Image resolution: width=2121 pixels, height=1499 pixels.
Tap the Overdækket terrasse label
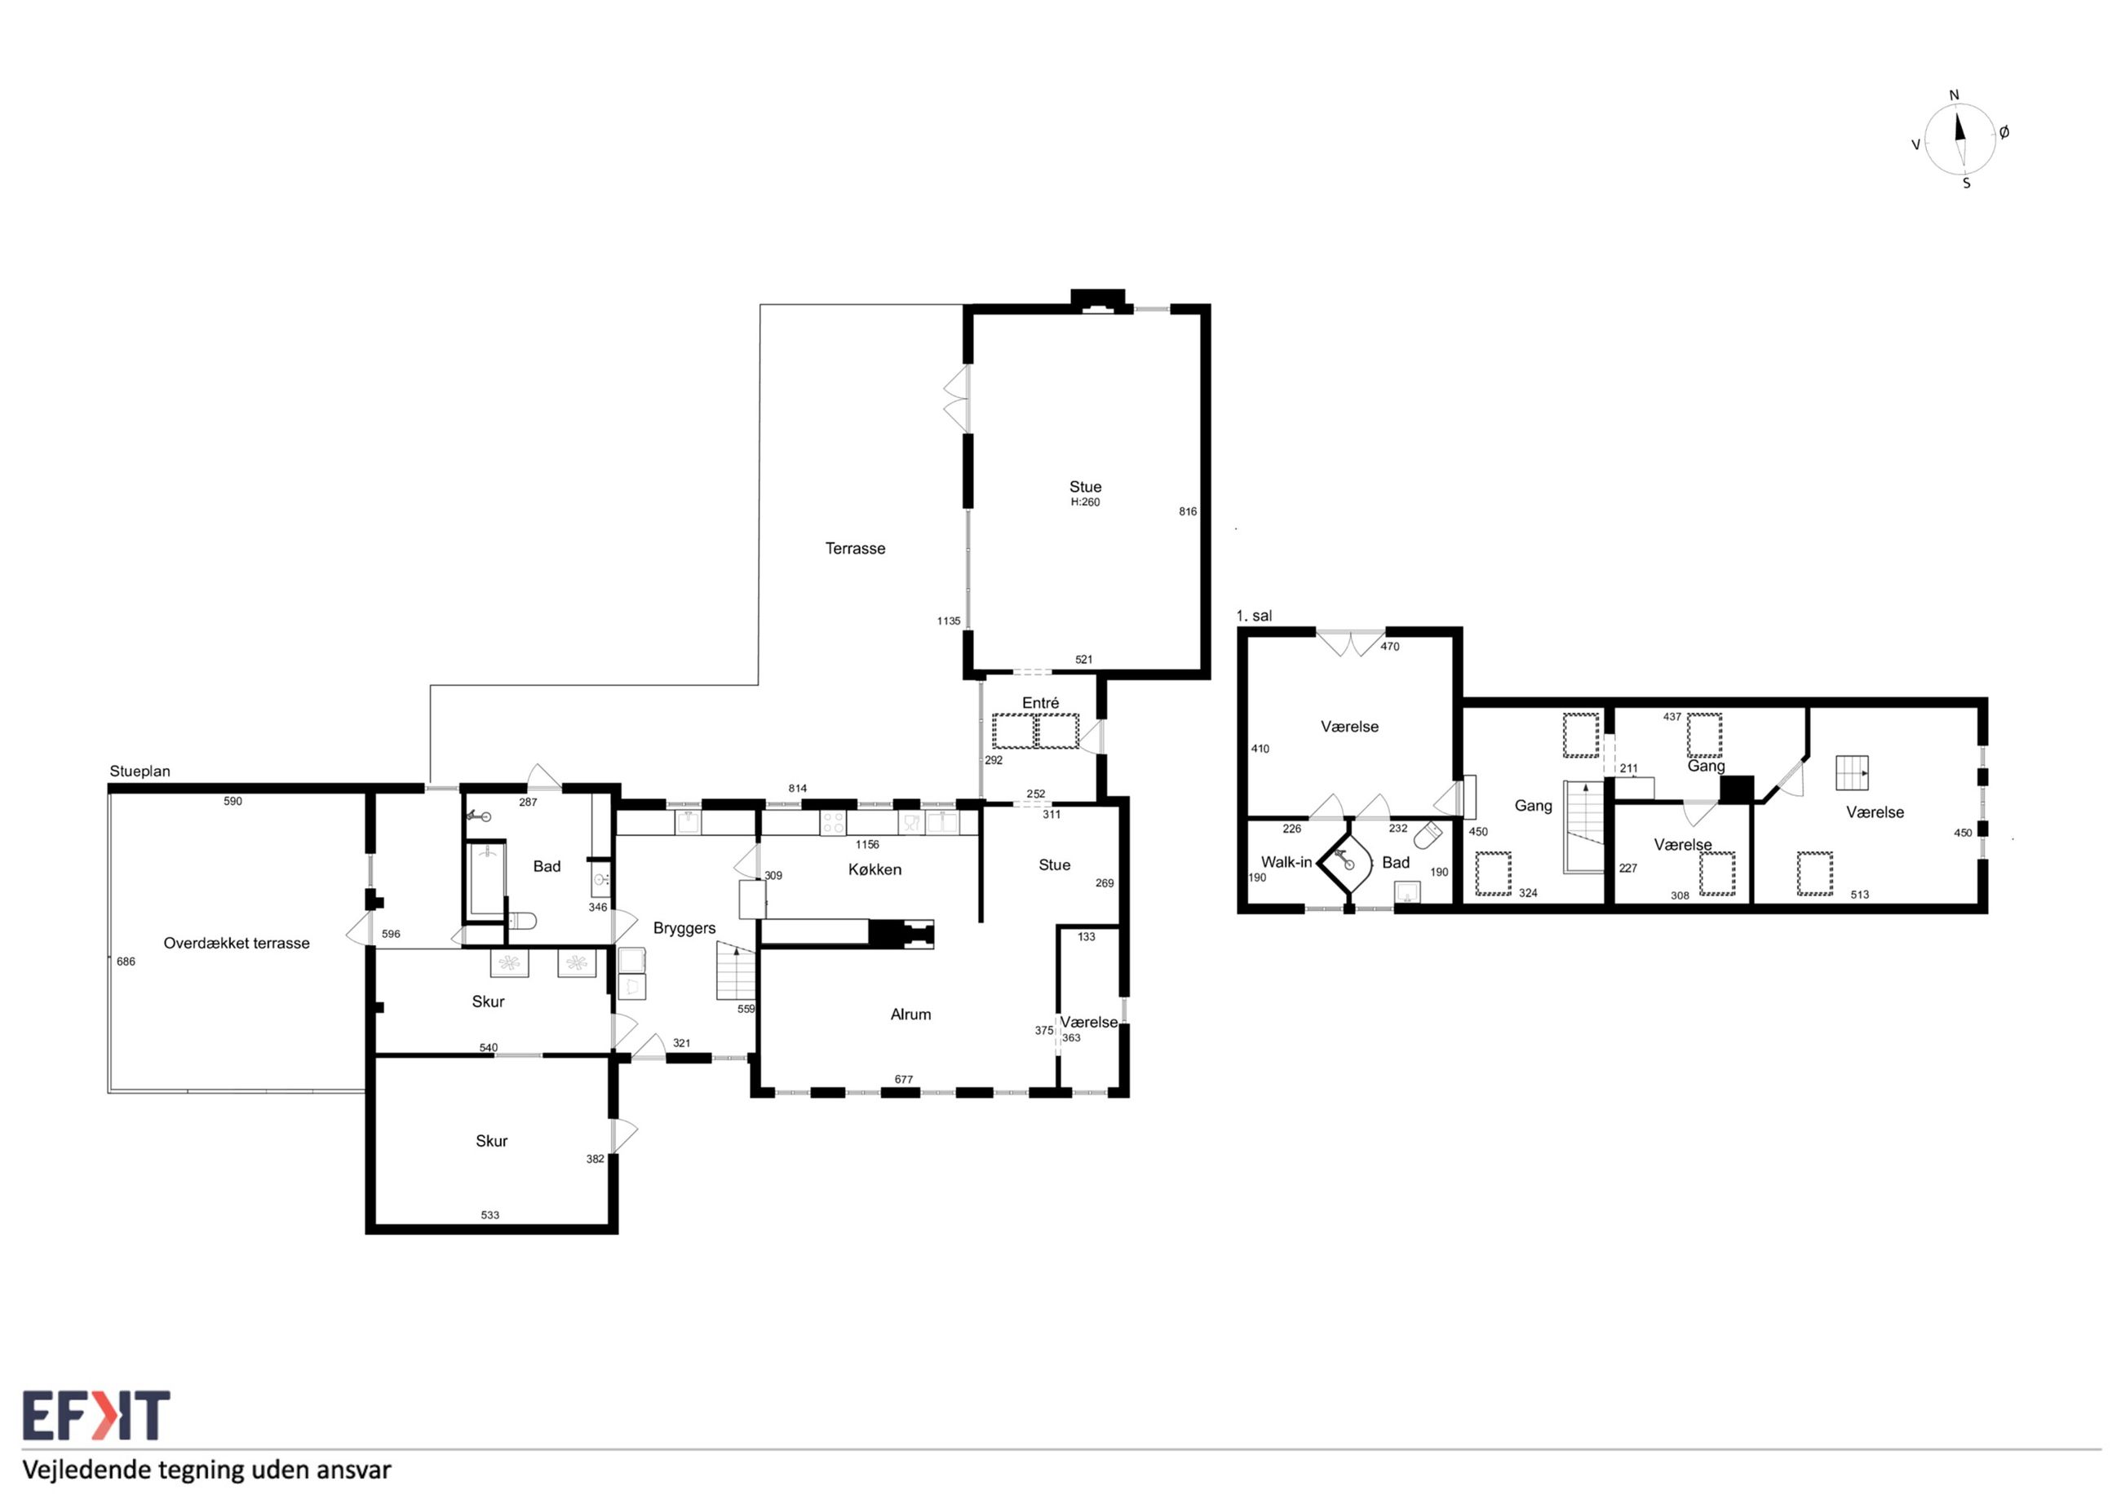click(237, 943)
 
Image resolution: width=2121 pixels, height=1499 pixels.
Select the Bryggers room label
click(684, 929)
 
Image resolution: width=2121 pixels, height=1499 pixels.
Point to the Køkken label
click(874, 869)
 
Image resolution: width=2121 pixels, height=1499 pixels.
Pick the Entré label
click(1040, 703)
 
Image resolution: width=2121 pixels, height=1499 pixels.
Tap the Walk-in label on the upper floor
click(1286, 862)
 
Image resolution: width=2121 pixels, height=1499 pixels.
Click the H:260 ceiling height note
click(1086, 502)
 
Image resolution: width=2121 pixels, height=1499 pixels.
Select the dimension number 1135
click(949, 621)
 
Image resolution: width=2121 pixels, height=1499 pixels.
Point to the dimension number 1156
click(867, 844)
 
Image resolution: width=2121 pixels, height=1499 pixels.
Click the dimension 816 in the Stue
click(1188, 511)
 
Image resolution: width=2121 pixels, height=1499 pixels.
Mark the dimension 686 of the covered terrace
click(126, 962)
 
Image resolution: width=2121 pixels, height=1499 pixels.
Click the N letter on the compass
click(1954, 95)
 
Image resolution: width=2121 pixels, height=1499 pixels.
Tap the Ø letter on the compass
click(2004, 133)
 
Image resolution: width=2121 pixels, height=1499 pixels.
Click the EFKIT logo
click(96, 1416)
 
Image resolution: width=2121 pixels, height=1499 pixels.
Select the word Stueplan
click(139, 772)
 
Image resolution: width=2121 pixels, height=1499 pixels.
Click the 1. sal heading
click(1254, 616)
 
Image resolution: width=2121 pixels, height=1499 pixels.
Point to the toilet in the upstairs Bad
click(1428, 835)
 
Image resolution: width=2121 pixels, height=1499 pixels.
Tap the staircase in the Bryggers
click(737, 971)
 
